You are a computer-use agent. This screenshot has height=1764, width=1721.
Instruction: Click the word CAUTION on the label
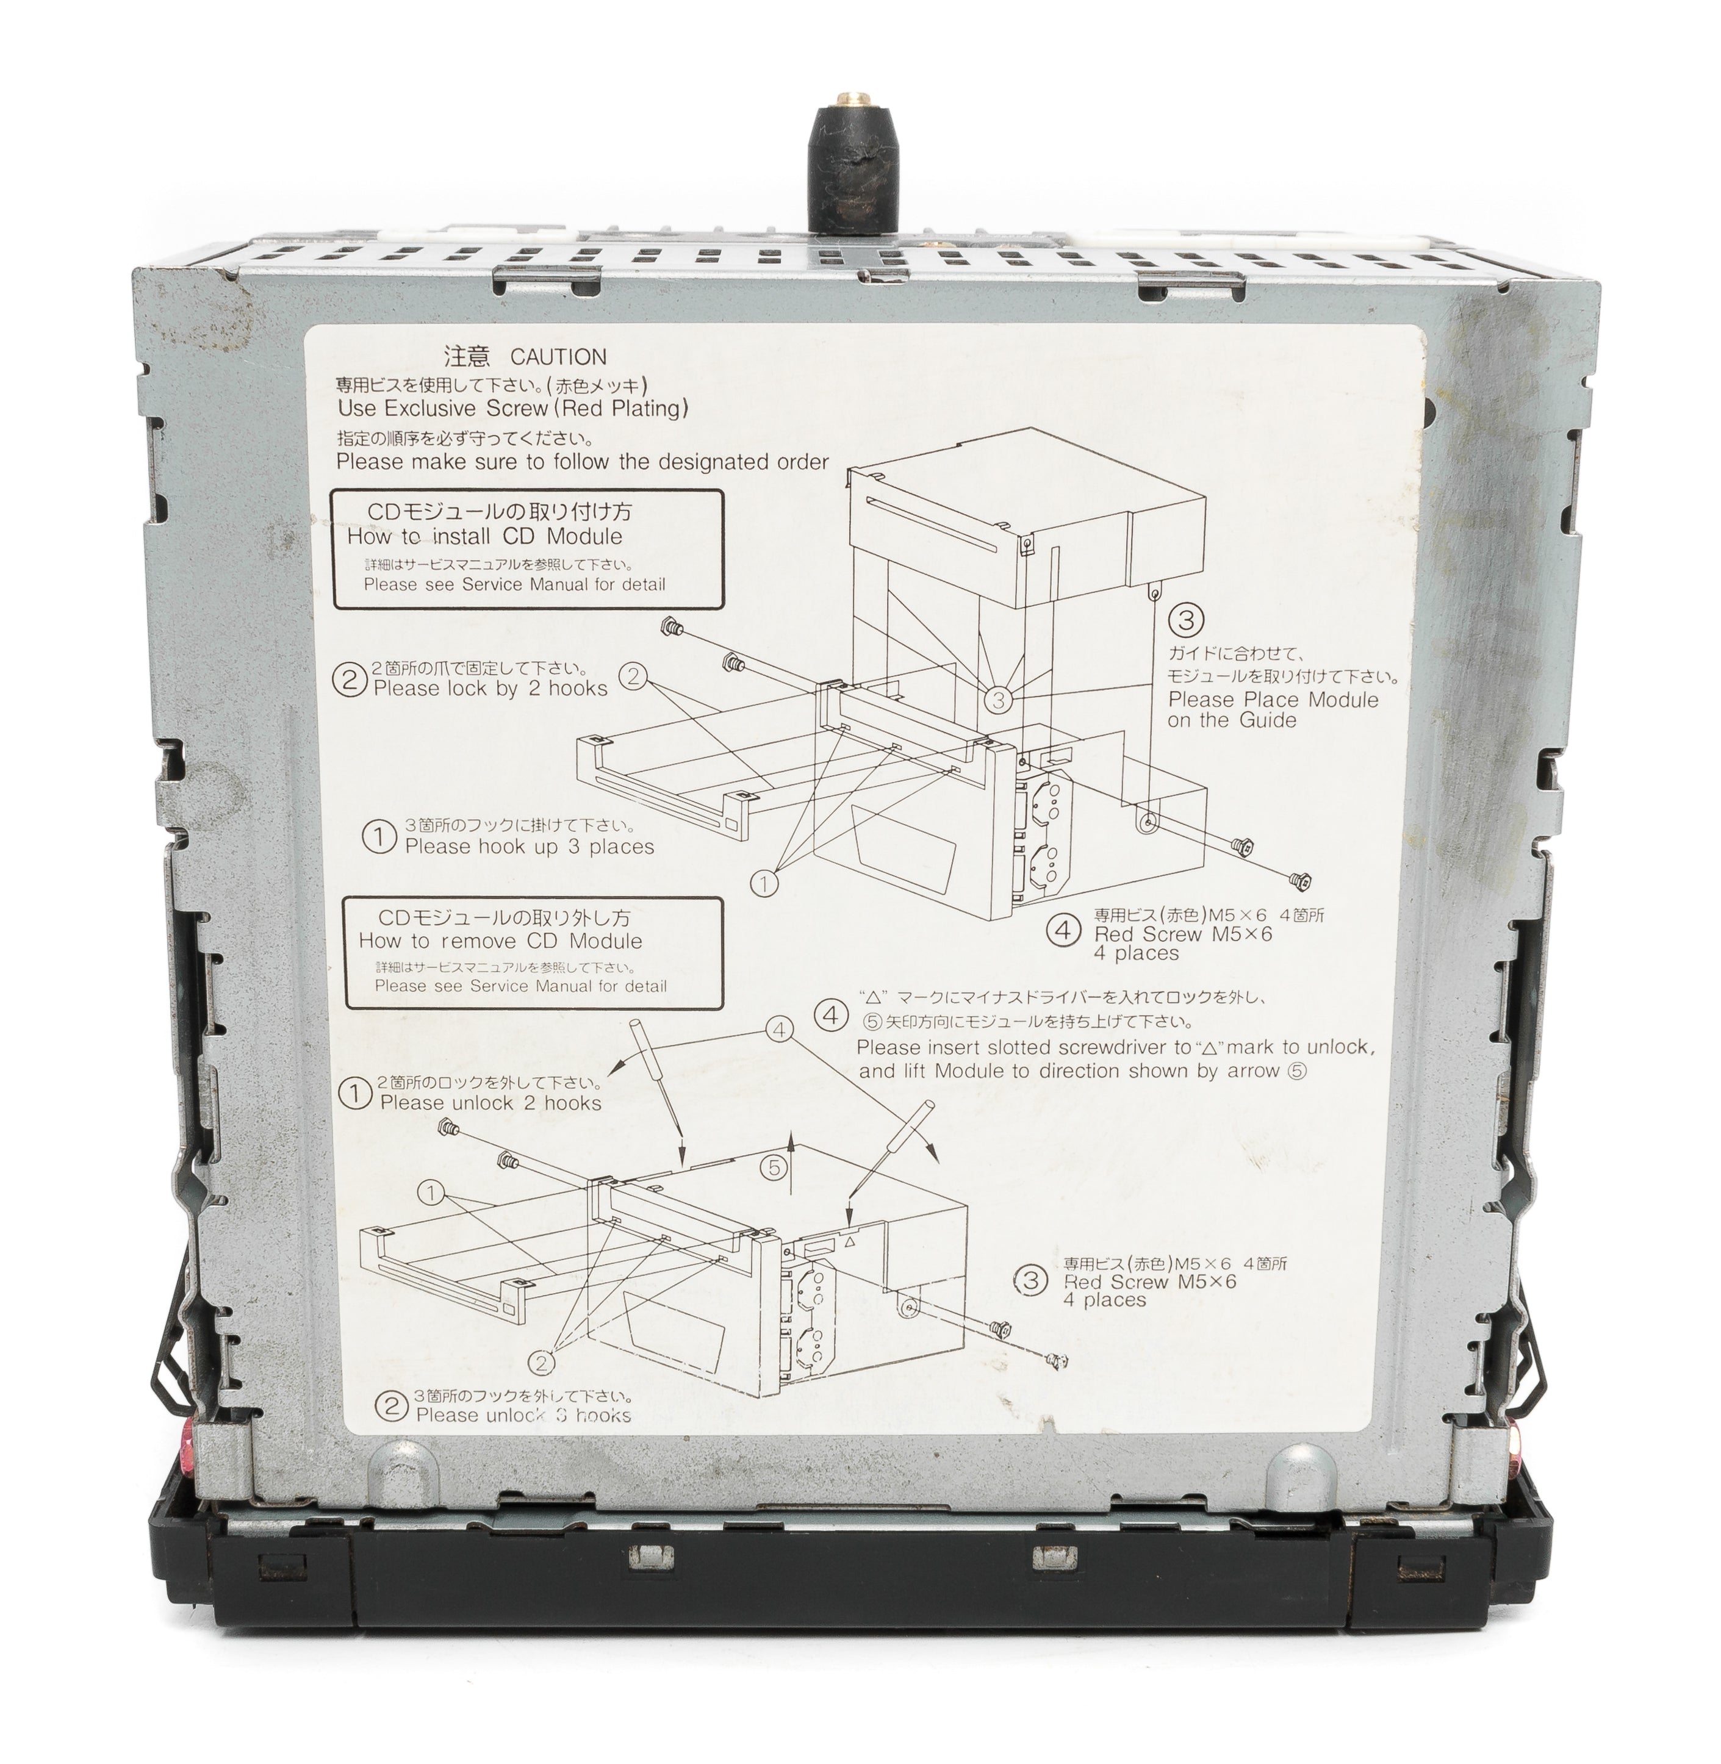coord(559,357)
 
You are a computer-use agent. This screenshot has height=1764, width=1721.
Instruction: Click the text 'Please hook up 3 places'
coord(529,847)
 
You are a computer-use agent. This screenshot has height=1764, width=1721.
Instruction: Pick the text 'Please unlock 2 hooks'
coord(491,1103)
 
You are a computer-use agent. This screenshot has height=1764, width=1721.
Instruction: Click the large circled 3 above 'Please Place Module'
coord(1186,620)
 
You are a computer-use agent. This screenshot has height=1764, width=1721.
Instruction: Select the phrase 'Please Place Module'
coord(1274,700)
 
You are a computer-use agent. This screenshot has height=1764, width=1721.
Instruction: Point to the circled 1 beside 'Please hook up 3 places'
coord(379,837)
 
